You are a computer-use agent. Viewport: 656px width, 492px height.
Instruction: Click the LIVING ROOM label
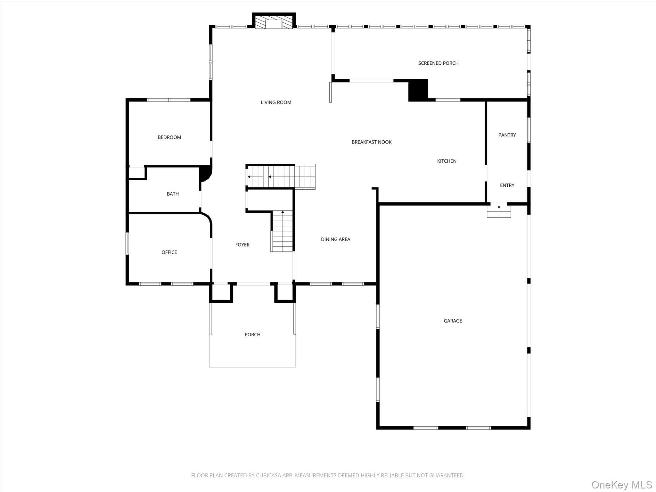(276, 102)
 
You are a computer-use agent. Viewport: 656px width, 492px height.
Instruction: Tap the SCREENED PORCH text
(438, 63)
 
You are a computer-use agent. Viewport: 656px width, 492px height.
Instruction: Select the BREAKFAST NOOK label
(372, 142)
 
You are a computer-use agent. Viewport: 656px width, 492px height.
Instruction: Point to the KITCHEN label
(447, 161)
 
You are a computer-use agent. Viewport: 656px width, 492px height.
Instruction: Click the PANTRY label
(507, 135)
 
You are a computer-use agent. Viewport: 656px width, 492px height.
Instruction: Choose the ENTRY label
(507, 185)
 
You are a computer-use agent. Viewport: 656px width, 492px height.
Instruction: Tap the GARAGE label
(453, 321)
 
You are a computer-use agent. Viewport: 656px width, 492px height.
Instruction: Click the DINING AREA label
(335, 239)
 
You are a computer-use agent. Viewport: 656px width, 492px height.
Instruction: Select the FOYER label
(242, 245)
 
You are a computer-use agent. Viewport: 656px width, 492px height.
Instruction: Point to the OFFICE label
(169, 252)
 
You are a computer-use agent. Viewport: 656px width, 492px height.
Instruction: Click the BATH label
(173, 194)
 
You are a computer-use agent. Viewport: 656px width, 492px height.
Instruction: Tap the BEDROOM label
(169, 137)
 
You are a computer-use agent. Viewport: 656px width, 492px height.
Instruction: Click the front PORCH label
(252, 334)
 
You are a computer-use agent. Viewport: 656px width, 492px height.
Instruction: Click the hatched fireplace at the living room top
(274, 21)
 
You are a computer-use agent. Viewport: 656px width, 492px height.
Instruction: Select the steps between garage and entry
(499, 210)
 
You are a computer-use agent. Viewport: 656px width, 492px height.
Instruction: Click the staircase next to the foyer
(282, 231)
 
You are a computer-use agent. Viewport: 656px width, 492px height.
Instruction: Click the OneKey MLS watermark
(622, 485)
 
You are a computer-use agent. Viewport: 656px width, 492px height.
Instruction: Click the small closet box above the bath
(137, 173)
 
